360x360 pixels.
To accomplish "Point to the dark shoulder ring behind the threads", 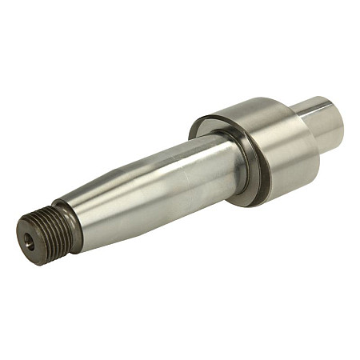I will coord(68,226).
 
